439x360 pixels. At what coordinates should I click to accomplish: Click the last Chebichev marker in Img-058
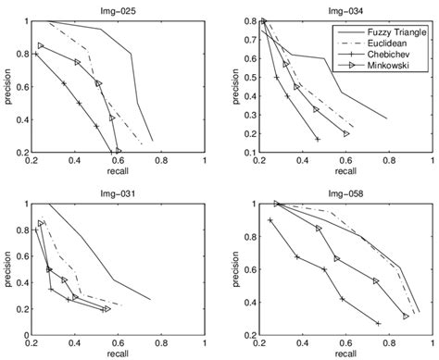click(379, 323)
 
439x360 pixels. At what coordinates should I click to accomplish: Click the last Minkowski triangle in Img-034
click(345, 133)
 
